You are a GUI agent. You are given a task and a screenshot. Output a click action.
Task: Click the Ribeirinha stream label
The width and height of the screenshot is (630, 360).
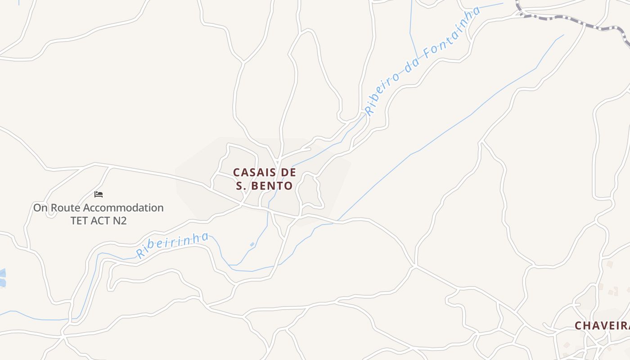[172, 245]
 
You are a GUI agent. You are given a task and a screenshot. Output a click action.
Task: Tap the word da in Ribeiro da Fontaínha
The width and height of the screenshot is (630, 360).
[412, 62]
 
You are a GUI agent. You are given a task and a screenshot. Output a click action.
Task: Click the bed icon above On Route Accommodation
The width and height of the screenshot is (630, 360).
[99, 194]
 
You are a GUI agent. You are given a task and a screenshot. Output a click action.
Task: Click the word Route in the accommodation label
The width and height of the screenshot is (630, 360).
[66, 208]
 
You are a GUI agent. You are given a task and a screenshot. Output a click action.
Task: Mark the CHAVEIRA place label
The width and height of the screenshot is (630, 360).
[602, 325]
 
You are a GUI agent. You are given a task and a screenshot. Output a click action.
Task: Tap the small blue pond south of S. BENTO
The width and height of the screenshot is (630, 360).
[252, 244]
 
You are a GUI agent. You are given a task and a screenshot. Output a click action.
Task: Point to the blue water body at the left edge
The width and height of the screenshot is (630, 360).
[2, 277]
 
